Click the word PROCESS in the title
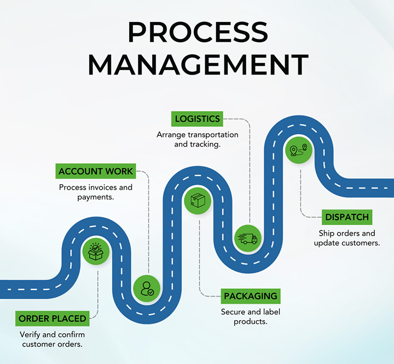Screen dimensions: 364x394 coord(197,32)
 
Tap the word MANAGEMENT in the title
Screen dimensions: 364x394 coord(197,65)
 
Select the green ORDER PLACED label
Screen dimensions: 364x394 coord(53,318)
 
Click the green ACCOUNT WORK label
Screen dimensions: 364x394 coord(96,171)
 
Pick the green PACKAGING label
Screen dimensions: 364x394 coord(251,296)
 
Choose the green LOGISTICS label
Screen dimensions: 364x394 coord(198,118)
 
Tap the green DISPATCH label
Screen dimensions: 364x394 coord(347,217)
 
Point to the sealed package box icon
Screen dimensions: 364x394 coord(198,201)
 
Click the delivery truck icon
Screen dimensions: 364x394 coord(247,238)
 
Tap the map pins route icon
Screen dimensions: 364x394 coord(298,150)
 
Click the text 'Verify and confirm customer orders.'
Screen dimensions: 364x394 coord(53,339)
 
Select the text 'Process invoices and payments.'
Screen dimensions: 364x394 coord(96,192)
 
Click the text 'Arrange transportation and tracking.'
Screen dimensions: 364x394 coord(198,140)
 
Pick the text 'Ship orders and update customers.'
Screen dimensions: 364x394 coord(347,238)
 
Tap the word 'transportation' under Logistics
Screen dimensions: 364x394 coord(211,135)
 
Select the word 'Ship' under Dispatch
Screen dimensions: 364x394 coord(326,234)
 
